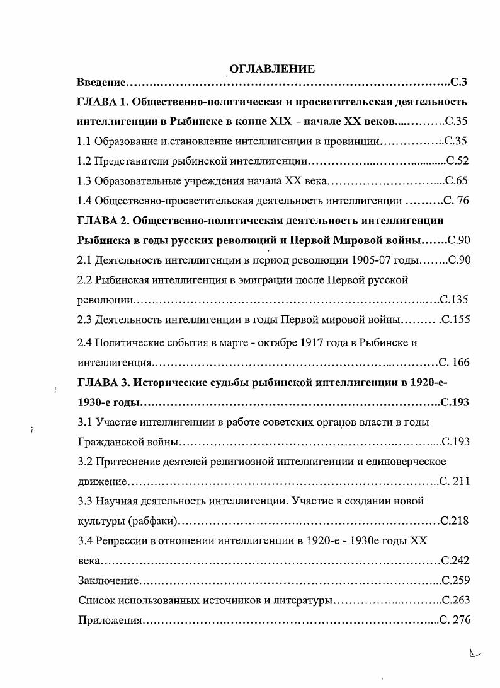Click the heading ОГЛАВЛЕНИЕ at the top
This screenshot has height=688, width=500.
[x=272, y=68]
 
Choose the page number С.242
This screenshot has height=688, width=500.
[x=456, y=560]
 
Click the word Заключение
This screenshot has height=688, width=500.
[x=106, y=580]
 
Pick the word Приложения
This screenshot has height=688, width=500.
[x=110, y=620]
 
